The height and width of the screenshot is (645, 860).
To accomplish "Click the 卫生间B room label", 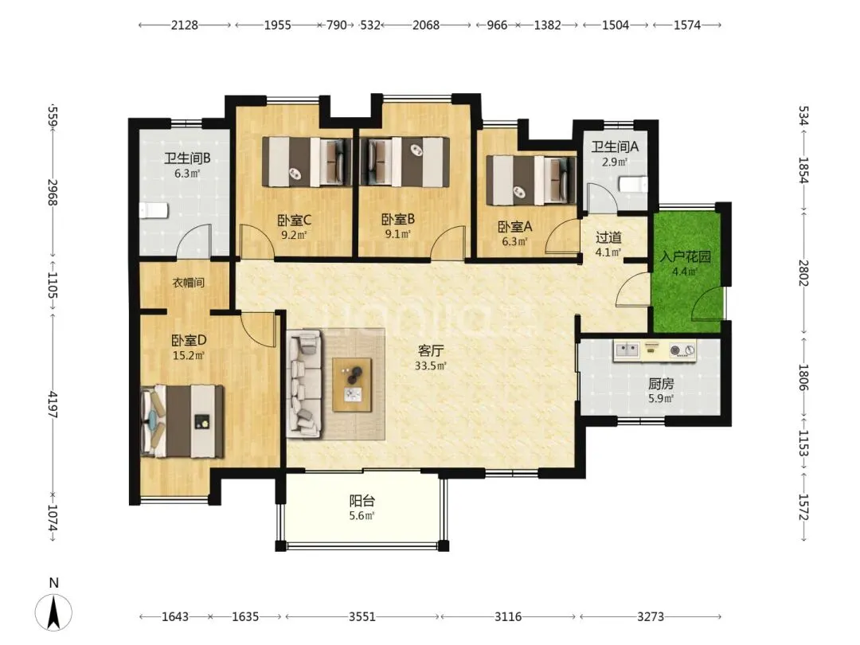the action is tap(187, 158).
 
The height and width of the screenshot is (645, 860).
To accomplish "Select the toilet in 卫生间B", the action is tap(153, 210).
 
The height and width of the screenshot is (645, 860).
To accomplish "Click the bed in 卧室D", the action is tap(182, 421).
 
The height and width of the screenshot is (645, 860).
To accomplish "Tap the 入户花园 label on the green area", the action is tap(685, 256).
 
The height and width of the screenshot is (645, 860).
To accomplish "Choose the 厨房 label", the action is tap(660, 384).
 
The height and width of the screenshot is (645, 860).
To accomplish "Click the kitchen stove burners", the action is tap(682, 350).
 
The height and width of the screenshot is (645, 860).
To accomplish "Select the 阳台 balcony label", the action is tap(362, 501).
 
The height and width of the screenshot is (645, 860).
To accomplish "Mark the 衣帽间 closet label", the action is tap(188, 283).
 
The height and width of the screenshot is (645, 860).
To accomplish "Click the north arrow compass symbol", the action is tap(54, 612).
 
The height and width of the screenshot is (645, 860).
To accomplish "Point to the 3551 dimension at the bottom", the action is tap(362, 617).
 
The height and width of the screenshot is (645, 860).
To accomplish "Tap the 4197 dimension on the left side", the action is tap(53, 405).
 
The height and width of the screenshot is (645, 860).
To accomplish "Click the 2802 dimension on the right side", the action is tap(803, 272).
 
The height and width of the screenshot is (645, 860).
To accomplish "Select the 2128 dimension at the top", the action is tap(184, 25).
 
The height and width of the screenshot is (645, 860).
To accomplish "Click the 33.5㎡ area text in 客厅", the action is tap(431, 365).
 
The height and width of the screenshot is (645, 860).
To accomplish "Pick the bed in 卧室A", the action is tap(531, 181).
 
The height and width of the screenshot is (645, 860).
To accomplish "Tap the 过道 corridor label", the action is tap(608, 237).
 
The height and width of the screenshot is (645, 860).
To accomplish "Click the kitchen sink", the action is tap(627, 350).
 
